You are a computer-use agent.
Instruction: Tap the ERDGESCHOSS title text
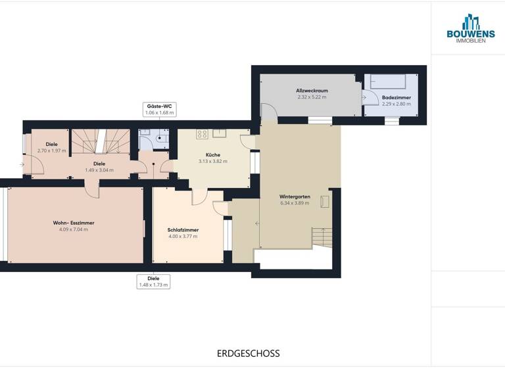(248, 354)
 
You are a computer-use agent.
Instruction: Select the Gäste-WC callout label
(159, 109)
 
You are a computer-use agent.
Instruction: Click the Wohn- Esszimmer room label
(70, 223)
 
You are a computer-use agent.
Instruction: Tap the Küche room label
(213, 154)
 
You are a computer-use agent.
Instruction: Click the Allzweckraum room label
(312, 91)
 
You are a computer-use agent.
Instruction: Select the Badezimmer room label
(397, 97)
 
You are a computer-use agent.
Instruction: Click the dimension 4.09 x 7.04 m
(70, 229)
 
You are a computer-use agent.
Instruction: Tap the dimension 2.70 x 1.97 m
(52, 150)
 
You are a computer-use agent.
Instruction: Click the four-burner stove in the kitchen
(203, 134)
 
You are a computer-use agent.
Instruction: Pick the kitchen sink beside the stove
(219, 133)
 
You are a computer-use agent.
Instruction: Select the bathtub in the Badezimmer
(389, 81)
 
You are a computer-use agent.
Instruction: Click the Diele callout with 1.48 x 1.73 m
(153, 282)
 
